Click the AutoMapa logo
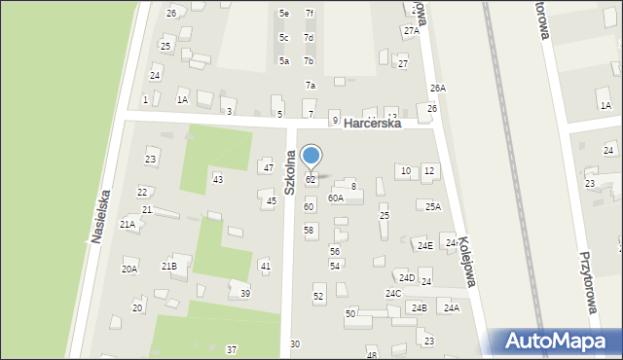[x=558, y=342]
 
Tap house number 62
[x=311, y=180]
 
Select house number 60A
[x=336, y=198]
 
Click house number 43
[x=218, y=179]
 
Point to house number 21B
[x=169, y=266]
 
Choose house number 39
[x=245, y=293]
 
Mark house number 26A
[x=438, y=89]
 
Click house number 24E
[x=425, y=245]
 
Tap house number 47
[x=268, y=167]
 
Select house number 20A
[x=128, y=270]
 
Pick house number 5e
[x=284, y=14]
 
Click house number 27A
[x=412, y=31]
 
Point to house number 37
[x=232, y=349]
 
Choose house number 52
[x=318, y=296]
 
